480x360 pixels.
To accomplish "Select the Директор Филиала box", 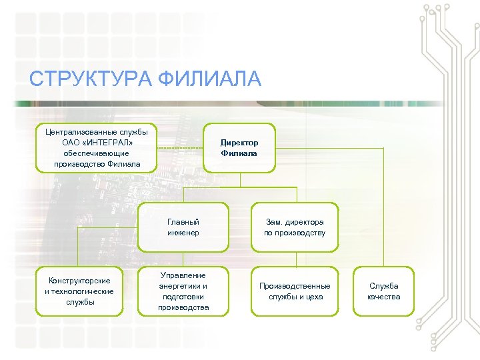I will pyautogui.click(x=239, y=148).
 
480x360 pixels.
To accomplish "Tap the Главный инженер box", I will pyautogui.click(x=183, y=227).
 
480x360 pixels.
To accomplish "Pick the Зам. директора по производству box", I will pyautogui.click(x=294, y=227).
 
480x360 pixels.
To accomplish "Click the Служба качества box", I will pyautogui.click(x=384, y=291).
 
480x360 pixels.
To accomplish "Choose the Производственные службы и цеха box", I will pyautogui.click(x=294, y=291).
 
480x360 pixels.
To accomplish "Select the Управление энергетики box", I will pyautogui.click(x=183, y=291).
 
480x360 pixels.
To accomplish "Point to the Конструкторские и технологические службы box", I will pyautogui.click(x=79, y=291).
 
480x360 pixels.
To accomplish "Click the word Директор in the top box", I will pyautogui.click(x=239, y=143).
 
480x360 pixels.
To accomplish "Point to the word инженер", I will pyautogui.click(x=183, y=233).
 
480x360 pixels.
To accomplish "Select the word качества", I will pyautogui.click(x=384, y=297).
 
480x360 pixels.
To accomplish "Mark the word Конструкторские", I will pyautogui.click(x=79, y=281).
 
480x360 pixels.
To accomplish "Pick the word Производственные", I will pyautogui.click(x=294, y=286).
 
